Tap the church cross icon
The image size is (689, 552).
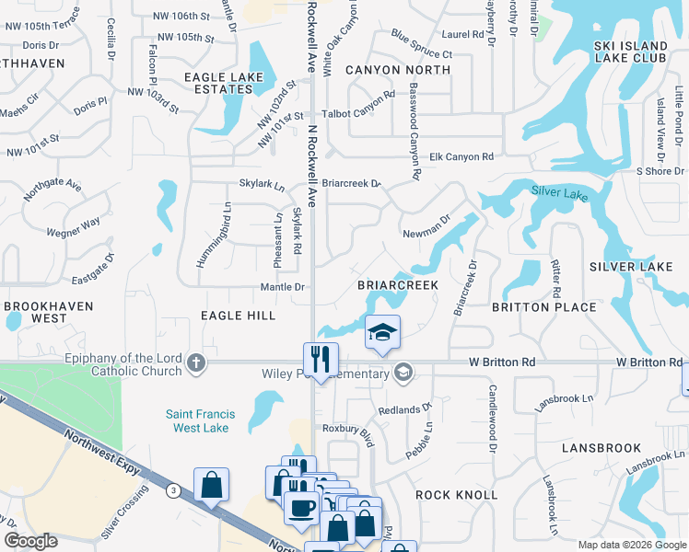[x=195, y=362]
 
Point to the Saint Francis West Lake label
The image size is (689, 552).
[x=200, y=421]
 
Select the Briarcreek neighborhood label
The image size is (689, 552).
[x=397, y=286]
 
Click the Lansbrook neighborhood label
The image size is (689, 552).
[x=601, y=448]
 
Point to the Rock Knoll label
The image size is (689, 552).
[x=457, y=495]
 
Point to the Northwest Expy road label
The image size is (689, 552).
[x=99, y=444]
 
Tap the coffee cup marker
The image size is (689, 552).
[x=301, y=507]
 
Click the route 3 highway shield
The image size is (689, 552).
[x=173, y=492]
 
